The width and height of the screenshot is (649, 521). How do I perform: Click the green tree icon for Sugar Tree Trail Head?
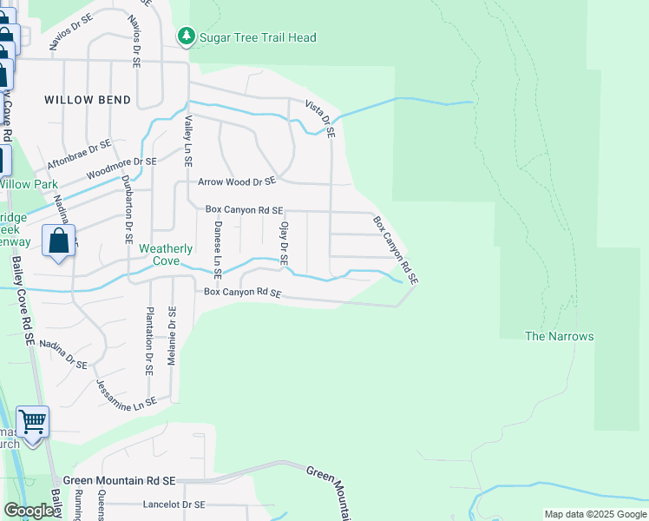186,37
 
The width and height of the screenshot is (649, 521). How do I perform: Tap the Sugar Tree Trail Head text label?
258,37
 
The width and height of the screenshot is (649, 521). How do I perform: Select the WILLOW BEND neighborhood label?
88,100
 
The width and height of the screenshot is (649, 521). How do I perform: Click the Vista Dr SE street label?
319,118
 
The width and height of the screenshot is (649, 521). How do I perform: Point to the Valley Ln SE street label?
187,143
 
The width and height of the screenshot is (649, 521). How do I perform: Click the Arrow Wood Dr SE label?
236,181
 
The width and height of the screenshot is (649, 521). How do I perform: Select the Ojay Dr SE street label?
283,243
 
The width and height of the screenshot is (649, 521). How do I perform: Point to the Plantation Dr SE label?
149,340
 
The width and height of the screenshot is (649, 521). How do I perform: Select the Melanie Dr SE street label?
172,335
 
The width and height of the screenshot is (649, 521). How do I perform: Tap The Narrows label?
560,336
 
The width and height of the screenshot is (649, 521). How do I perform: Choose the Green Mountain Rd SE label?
120,480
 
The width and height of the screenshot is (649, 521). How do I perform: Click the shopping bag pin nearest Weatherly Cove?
58,242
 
